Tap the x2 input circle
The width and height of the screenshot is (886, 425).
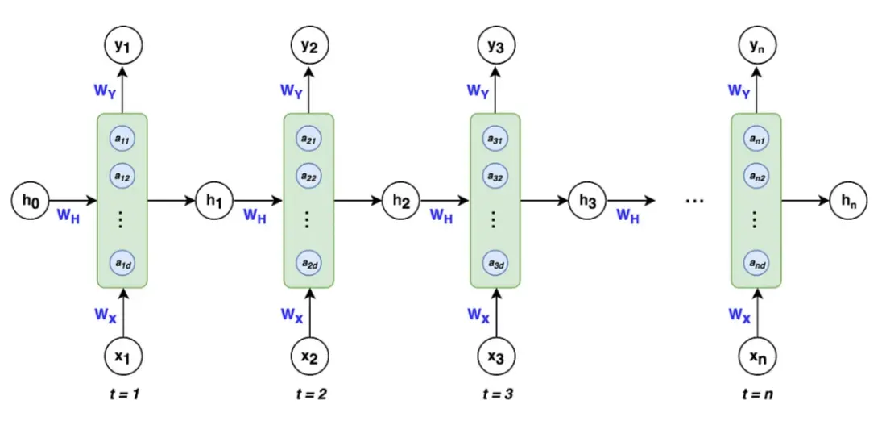309,356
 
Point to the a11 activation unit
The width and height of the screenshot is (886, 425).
122,139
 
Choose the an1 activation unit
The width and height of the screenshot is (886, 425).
756,139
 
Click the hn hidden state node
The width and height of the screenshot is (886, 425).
848,200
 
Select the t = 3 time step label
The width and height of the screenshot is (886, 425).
495,394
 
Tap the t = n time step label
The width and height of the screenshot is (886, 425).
756,394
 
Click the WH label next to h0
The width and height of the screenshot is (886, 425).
68,215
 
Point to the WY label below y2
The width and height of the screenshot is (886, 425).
292,90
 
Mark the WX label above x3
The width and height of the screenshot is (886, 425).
478,314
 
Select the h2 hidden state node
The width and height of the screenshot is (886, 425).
401,200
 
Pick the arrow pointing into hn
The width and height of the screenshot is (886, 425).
805,200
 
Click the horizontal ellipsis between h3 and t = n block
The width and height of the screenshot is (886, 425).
693,201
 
